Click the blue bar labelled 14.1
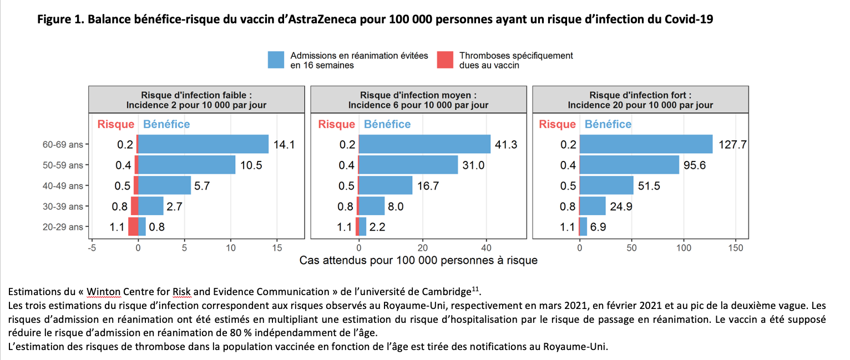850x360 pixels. pos(203,144)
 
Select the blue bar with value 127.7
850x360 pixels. pos(646,144)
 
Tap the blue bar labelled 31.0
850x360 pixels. pos(408,165)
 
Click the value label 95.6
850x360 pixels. pos(695,165)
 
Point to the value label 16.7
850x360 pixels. pos(428,186)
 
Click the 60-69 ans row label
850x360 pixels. pos(62,145)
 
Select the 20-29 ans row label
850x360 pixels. pos(62,227)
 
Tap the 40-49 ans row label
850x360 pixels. pos(62,186)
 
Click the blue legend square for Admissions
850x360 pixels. pos(276,60)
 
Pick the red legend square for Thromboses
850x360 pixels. pos(445,60)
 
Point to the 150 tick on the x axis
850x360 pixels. pos(735,248)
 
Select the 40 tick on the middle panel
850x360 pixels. pos(486,248)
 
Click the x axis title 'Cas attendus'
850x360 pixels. pos(418,260)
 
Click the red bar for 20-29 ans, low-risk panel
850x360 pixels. pos(133,227)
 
